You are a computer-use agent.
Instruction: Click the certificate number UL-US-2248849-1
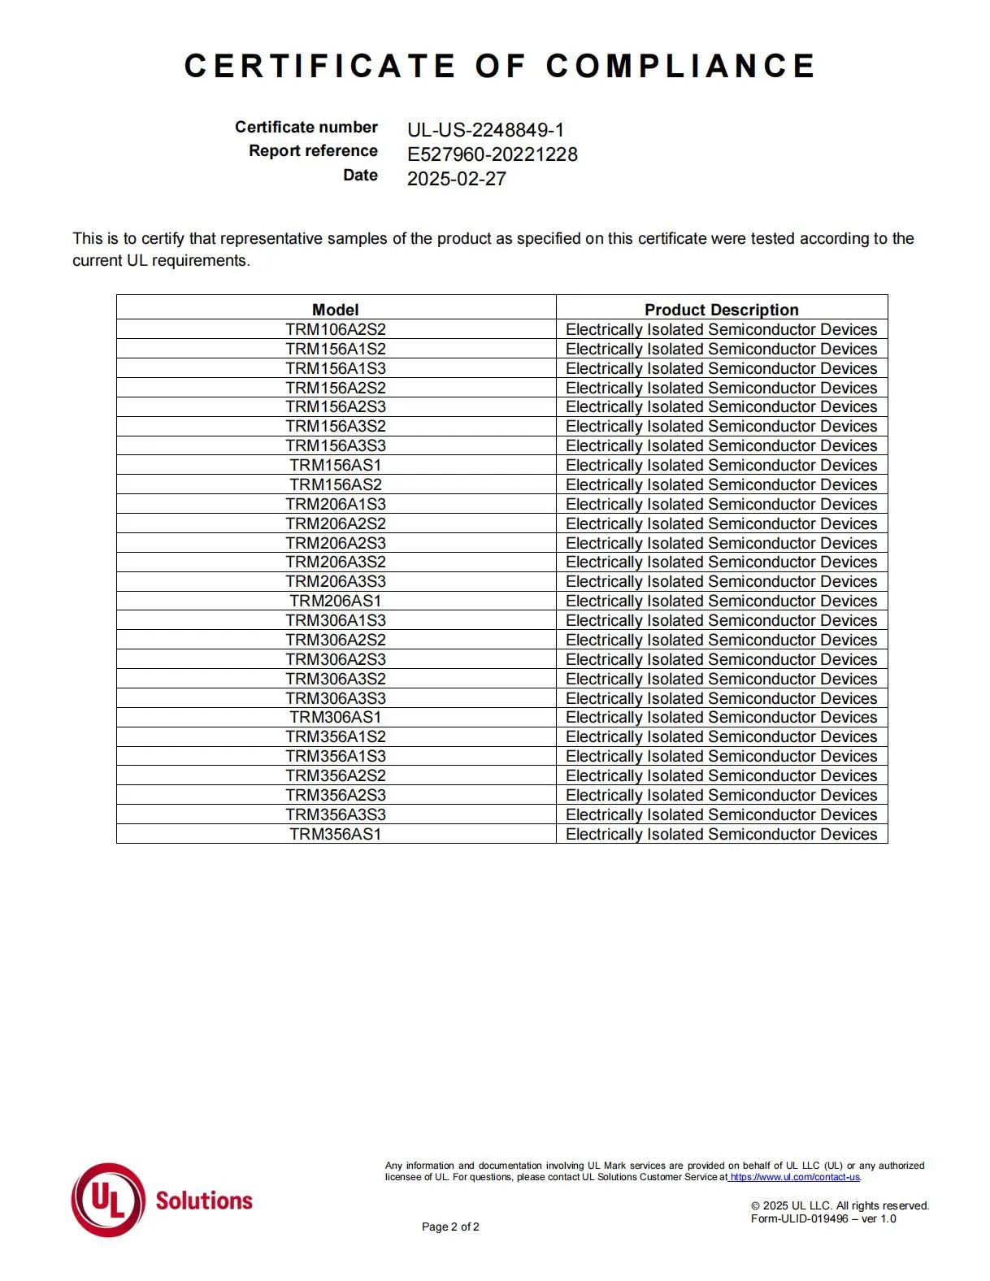pyautogui.click(x=485, y=130)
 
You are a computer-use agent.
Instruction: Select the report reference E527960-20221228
pyautogui.click(x=492, y=154)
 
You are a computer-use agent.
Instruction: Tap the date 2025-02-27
pyautogui.click(x=456, y=179)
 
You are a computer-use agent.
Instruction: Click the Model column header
pyautogui.click(x=335, y=310)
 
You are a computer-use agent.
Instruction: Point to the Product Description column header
pyautogui.click(x=721, y=310)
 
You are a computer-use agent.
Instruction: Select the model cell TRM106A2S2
pyautogui.click(x=335, y=329)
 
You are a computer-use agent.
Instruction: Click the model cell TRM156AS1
pyautogui.click(x=335, y=465)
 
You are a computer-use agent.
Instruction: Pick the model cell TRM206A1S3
pyautogui.click(x=335, y=504)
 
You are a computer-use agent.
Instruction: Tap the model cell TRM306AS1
pyautogui.click(x=335, y=717)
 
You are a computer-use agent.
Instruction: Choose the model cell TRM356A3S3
pyautogui.click(x=335, y=814)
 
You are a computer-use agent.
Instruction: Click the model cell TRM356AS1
pyautogui.click(x=335, y=834)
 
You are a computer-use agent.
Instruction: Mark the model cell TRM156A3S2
pyautogui.click(x=335, y=426)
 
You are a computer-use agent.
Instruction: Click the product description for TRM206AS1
pyautogui.click(x=721, y=601)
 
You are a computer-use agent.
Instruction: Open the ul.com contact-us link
pyautogui.click(x=795, y=1177)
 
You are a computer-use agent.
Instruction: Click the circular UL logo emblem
pyautogui.click(x=108, y=1200)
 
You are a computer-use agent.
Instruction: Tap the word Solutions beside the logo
pyautogui.click(x=204, y=1201)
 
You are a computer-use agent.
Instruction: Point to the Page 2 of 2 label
pyautogui.click(x=450, y=1227)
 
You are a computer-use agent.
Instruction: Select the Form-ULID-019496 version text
pyautogui.click(x=823, y=1218)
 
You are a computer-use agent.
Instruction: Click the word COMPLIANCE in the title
pyautogui.click(x=680, y=66)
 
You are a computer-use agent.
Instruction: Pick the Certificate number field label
pyautogui.click(x=306, y=127)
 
